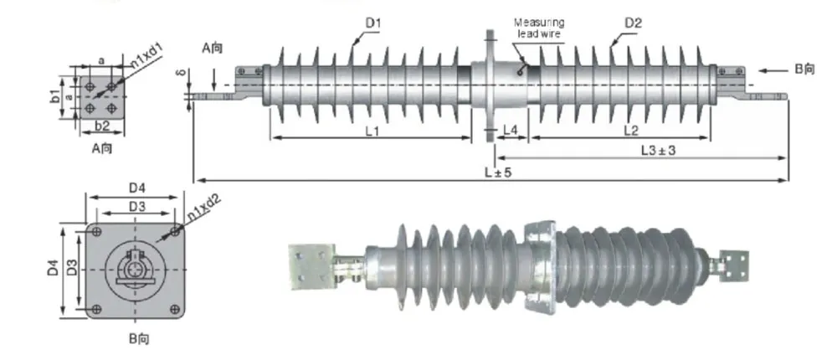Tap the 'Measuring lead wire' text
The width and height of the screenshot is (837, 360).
[538, 28]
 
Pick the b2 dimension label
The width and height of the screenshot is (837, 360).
[102, 126]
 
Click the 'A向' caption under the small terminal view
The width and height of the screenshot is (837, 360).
[102, 148]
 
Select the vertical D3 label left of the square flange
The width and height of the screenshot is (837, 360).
[73, 269]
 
